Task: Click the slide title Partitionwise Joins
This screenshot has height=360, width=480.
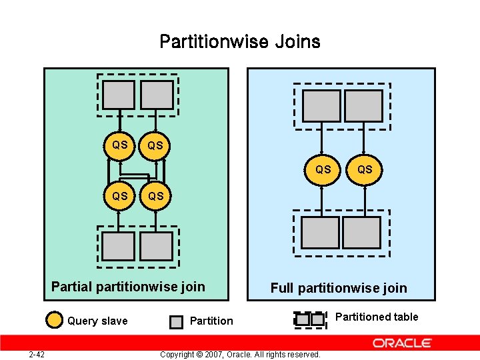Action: click(240, 42)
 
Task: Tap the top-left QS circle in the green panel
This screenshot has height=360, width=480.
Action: click(120, 145)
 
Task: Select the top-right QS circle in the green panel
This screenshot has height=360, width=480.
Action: click(155, 145)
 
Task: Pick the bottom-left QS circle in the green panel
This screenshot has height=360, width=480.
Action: click(120, 197)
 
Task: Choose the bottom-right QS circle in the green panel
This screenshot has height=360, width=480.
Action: click(155, 197)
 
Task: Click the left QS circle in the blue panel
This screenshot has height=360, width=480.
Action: click(323, 170)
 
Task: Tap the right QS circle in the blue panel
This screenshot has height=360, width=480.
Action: click(365, 170)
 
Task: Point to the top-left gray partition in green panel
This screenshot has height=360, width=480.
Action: click(119, 95)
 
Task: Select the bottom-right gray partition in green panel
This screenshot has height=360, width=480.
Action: click(157, 246)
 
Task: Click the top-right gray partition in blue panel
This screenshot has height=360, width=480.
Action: click(364, 105)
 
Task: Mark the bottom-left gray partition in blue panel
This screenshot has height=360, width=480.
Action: click(320, 233)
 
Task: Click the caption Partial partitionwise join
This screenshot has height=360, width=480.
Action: click(128, 287)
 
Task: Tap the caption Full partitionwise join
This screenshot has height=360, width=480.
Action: click(338, 288)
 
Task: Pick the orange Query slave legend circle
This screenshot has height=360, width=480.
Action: click(55, 321)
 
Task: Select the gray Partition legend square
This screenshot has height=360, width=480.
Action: click(175, 322)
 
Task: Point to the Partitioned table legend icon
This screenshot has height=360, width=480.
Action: click(310, 319)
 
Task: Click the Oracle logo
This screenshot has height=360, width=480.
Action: click(402, 343)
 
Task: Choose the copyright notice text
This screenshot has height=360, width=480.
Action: click(240, 354)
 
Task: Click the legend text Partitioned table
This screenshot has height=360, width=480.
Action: click(377, 317)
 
